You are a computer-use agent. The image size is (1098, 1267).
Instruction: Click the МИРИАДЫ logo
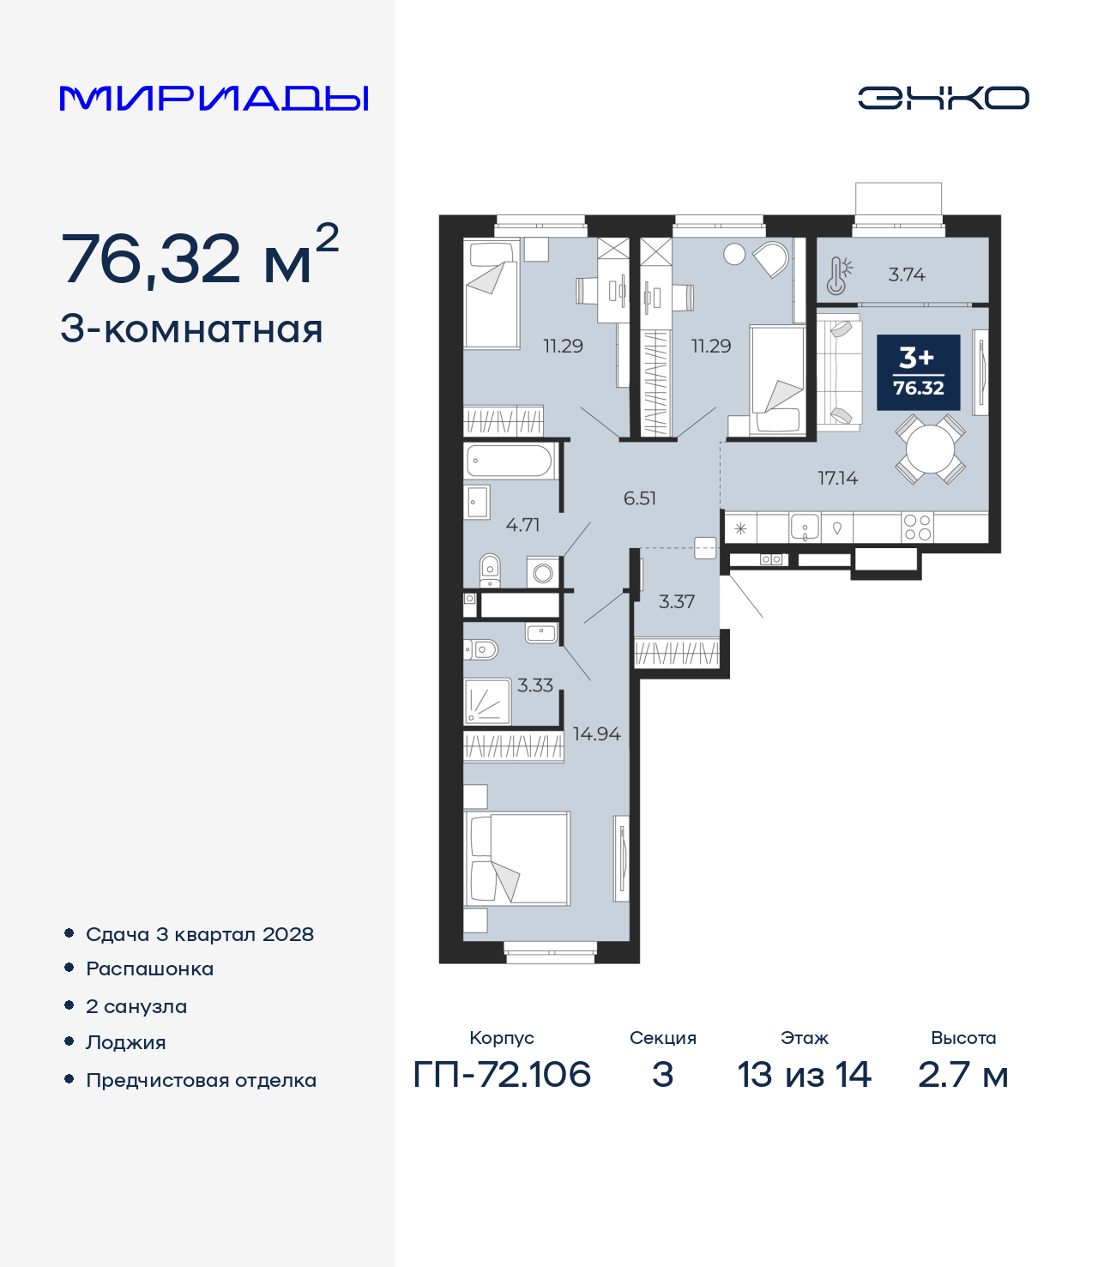click(x=214, y=99)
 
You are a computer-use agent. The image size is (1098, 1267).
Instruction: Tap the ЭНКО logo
click(x=943, y=98)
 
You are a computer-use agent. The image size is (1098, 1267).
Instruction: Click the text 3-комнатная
click(x=191, y=329)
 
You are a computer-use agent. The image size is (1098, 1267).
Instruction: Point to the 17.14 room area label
click(x=837, y=478)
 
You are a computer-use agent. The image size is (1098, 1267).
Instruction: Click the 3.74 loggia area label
click(x=906, y=275)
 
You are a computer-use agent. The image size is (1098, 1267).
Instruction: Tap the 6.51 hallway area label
click(x=639, y=498)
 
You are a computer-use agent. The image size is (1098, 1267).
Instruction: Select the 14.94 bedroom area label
click(x=596, y=734)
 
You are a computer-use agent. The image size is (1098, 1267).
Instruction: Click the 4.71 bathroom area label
click(x=522, y=524)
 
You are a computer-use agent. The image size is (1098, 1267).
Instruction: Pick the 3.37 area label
click(x=676, y=602)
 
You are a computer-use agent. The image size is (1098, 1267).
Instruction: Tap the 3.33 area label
click(x=534, y=685)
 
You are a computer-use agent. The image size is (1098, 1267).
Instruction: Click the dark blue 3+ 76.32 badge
click(x=918, y=372)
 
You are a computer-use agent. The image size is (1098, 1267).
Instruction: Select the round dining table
click(x=930, y=449)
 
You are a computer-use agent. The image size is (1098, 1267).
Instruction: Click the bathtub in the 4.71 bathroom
click(x=510, y=462)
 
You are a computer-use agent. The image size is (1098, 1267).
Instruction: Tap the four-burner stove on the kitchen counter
click(x=917, y=528)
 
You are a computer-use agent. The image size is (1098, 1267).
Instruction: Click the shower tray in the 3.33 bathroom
click(x=486, y=702)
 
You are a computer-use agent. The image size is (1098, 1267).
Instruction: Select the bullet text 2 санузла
click(x=136, y=1006)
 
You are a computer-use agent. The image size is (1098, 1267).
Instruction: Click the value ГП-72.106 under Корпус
click(x=502, y=1075)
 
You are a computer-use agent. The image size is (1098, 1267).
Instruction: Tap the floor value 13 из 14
click(x=804, y=1075)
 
